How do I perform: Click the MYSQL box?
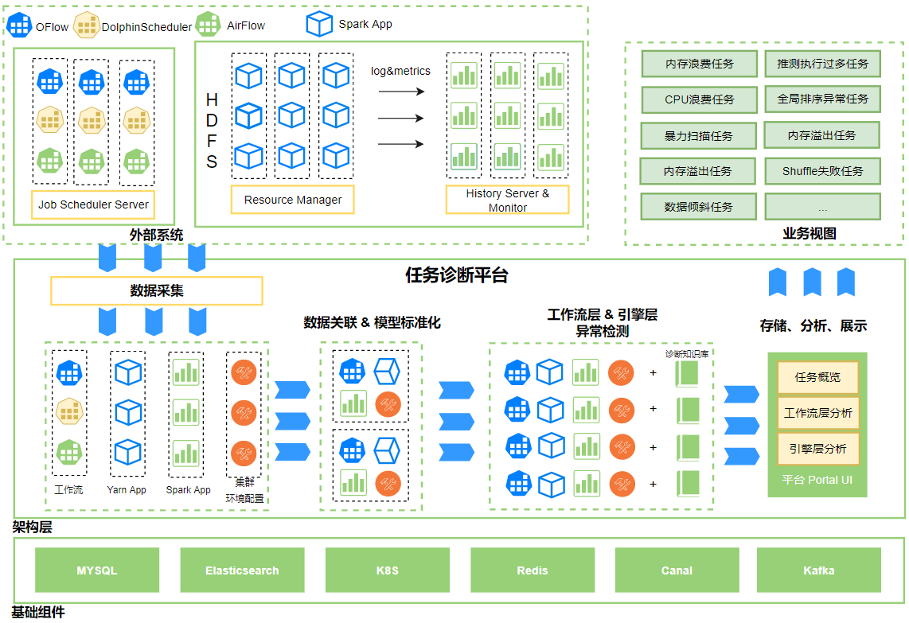97,570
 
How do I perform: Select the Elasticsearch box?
242,570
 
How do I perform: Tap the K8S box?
388,570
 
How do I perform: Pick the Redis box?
533,570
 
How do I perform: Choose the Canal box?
677,570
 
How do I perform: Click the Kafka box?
818,570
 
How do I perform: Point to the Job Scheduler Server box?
93,204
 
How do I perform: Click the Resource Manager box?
293,200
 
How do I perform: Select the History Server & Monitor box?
508,200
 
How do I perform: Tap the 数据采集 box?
157,290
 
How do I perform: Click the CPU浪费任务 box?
699,99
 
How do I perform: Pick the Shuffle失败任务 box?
822,171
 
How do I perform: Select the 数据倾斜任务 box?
699,207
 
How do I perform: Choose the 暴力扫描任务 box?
699,135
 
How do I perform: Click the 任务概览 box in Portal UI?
817,377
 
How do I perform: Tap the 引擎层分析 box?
817,449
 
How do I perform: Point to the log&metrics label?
400,71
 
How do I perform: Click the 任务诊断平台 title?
457,275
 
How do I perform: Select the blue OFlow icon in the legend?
19,25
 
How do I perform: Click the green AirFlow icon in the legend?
208,25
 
